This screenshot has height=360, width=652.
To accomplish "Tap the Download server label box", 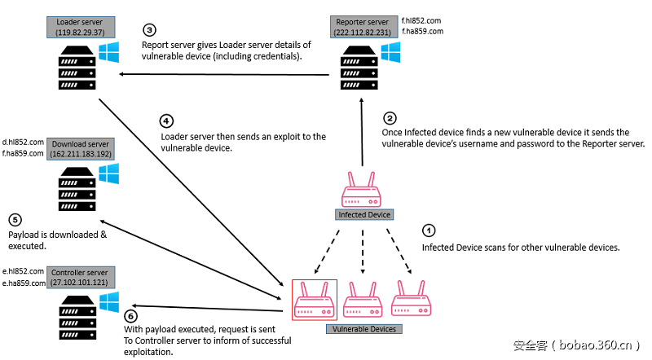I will click(81, 148).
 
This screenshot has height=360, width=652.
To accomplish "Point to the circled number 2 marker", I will click(390, 118).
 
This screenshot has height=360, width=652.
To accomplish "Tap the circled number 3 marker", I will click(150, 31).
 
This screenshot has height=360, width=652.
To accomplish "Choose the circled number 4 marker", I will click(167, 121).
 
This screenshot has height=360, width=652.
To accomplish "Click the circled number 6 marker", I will click(132, 316).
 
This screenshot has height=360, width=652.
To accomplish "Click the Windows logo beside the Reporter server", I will click(390, 51).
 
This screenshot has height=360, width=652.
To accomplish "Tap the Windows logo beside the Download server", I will click(108, 173).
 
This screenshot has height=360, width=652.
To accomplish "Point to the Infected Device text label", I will click(364, 215).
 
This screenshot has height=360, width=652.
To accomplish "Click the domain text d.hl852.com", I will click(23, 142).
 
